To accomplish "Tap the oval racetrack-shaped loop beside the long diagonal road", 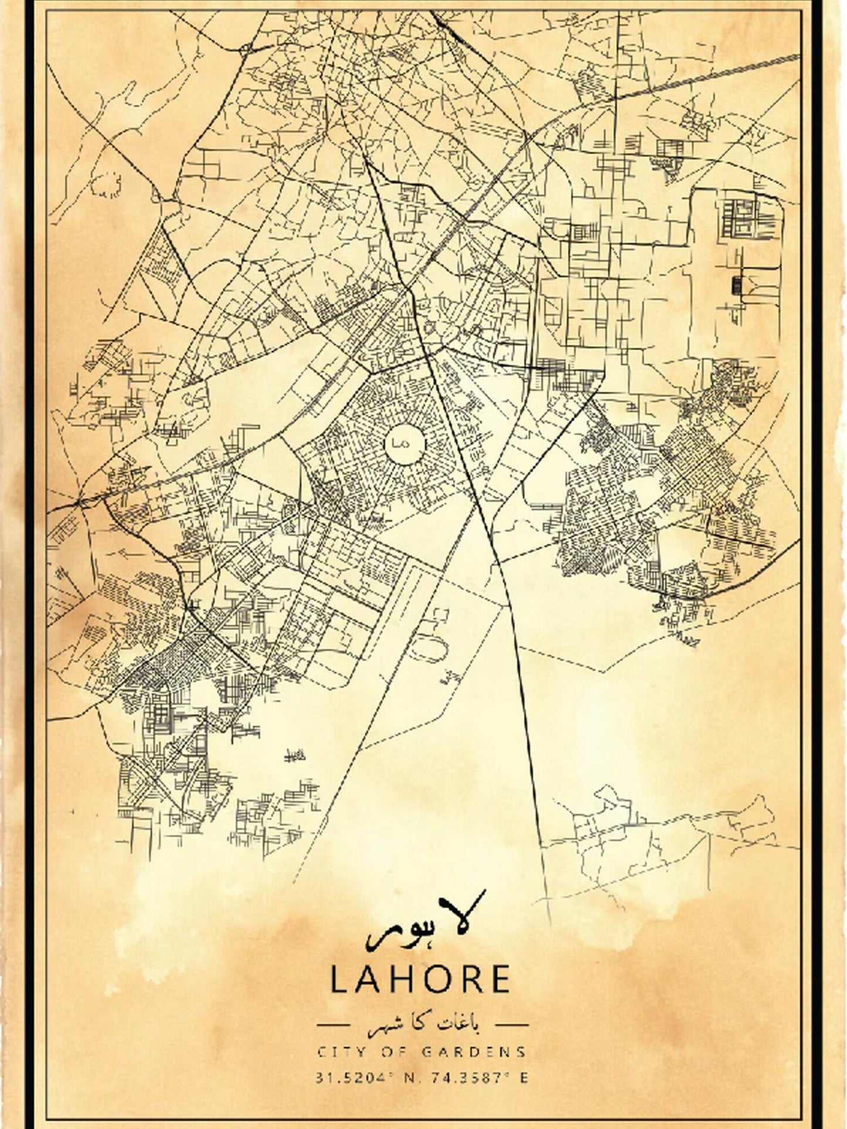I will [x=435, y=647].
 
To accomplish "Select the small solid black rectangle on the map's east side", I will [x=736, y=285].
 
